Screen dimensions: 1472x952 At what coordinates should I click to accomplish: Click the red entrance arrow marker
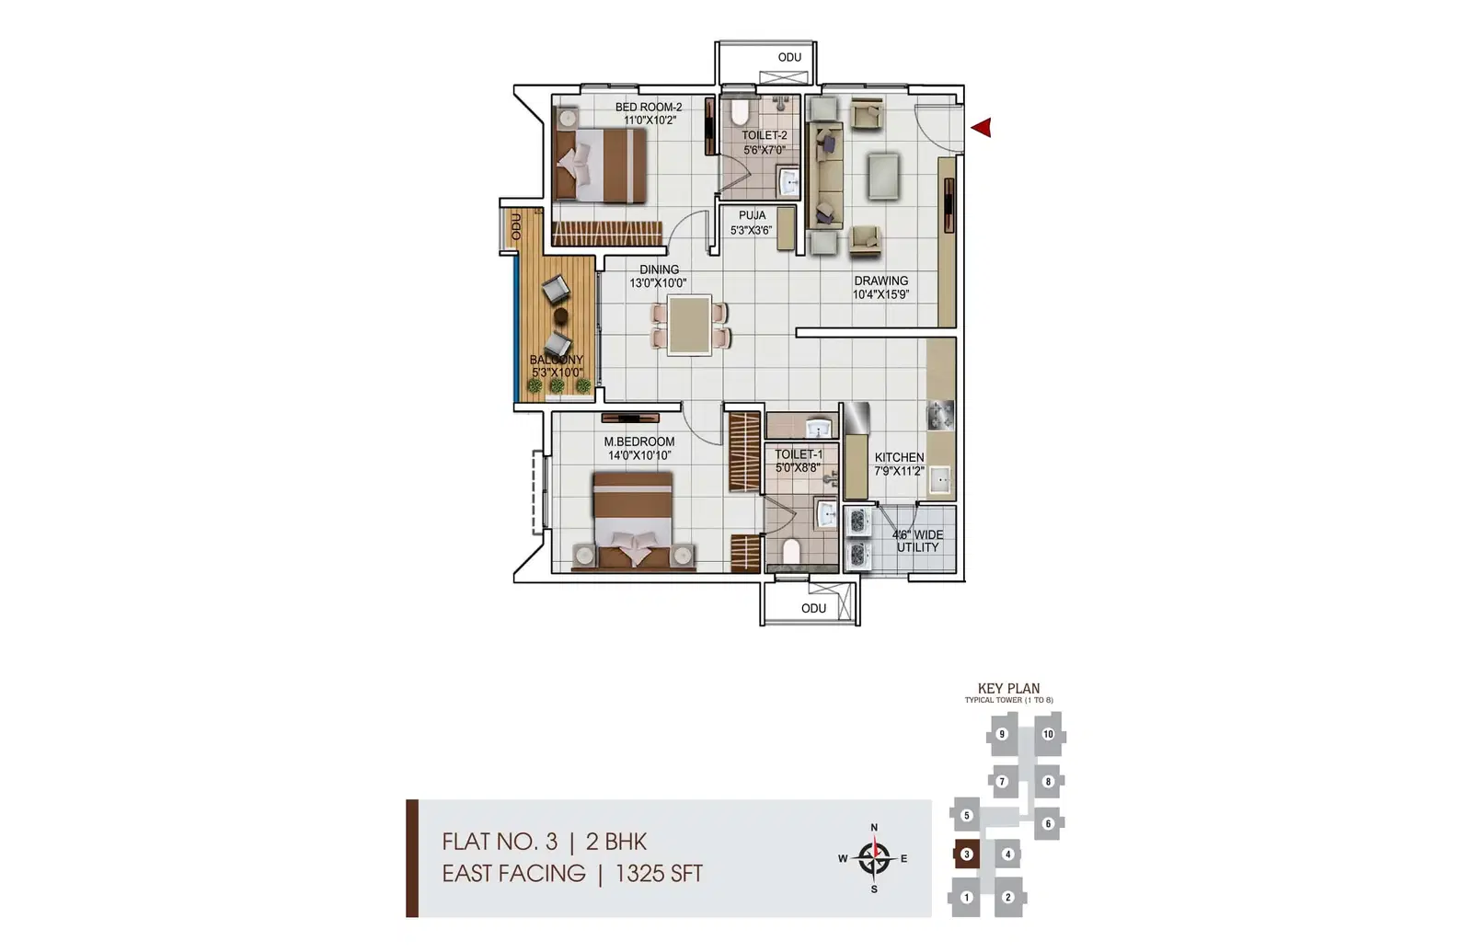(x=982, y=128)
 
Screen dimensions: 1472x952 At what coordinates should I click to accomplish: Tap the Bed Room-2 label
(x=649, y=107)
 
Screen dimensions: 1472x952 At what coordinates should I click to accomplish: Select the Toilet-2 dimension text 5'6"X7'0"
(x=765, y=150)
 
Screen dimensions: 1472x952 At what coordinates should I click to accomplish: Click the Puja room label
(x=752, y=215)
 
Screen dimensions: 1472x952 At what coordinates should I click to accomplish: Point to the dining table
(x=689, y=326)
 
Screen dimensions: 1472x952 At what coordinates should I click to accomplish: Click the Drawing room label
(x=881, y=281)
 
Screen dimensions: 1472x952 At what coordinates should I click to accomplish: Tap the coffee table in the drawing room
(x=882, y=176)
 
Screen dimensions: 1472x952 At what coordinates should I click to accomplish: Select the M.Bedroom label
(x=639, y=442)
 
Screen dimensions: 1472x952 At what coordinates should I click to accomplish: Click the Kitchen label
(x=900, y=457)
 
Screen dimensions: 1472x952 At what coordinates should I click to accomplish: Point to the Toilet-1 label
(x=799, y=454)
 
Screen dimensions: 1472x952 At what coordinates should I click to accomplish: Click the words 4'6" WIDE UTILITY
(x=918, y=541)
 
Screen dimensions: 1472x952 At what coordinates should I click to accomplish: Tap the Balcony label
(x=557, y=360)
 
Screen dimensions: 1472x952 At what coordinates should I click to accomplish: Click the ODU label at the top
(x=790, y=58)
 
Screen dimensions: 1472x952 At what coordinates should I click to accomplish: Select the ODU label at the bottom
(x=813, y=608)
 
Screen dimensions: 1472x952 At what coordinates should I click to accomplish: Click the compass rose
(x=874, y=858)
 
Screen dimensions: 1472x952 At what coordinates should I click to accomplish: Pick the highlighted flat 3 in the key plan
(x=966, y=855)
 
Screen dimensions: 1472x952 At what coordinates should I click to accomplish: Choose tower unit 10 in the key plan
(x=1048, y=735)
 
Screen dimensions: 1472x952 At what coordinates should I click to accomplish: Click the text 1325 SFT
(x=659, y=874)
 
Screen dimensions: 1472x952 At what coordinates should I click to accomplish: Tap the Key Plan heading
(x=1008, y=689)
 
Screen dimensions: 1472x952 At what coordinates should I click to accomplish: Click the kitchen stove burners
(x=940, y=416)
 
